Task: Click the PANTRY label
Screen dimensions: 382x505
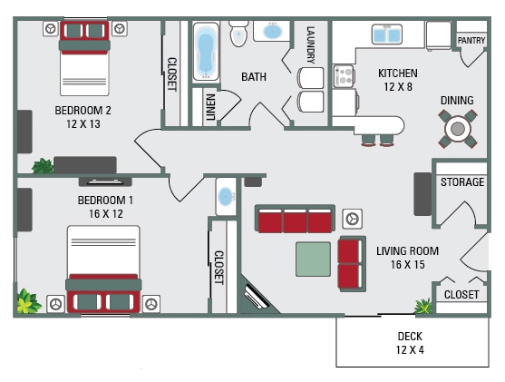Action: point(471,40)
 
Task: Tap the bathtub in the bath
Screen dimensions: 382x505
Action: point(205,54)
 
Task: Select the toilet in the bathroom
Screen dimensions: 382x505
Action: point(239,33)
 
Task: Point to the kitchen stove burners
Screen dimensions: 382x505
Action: point(344,76)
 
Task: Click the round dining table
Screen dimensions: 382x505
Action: point(457,128)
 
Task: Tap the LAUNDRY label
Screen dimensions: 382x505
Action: point(310,44)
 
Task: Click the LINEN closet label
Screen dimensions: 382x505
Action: point(211,106)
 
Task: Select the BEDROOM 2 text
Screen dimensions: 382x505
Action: point(83,111)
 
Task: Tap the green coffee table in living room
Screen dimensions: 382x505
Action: point(314,259)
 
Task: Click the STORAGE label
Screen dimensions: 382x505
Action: point(462,182)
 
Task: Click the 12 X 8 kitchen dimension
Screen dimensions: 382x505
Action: point(397,87)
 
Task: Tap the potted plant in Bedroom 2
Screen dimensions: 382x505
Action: point(42,166)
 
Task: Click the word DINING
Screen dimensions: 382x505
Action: point(456,100)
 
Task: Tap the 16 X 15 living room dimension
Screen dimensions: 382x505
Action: point(407,265)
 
